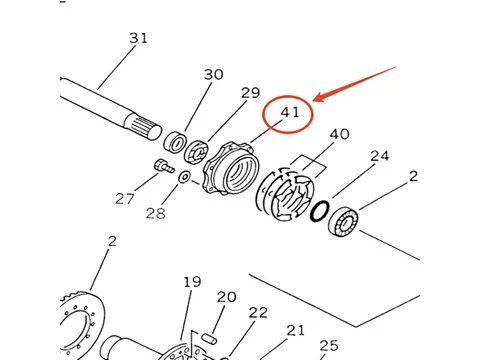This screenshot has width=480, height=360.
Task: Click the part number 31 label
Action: (138, 38)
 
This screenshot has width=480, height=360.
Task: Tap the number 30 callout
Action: (213, 75)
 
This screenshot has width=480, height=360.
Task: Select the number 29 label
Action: (250, 93)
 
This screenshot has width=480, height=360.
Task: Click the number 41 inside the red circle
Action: (290, 112)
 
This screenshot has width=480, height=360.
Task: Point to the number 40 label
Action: (339, 134)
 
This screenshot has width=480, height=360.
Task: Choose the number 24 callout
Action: (380, 156)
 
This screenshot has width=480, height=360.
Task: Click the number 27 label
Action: (125, 199)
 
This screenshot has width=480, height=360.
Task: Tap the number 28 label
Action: (156, 213)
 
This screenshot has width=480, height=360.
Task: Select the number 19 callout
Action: (192, 282)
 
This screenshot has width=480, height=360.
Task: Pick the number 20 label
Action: (227, 297)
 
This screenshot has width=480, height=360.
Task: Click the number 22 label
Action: (258, 313)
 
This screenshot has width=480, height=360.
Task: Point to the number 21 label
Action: (295, 330)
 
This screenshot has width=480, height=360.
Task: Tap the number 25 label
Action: (329, 346)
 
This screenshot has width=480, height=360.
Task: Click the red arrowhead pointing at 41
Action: (319, 97)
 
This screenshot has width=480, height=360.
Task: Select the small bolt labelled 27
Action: (164, 166)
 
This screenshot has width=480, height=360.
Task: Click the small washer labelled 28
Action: (184, 177)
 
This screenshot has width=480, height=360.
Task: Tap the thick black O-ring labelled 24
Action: (320, 211)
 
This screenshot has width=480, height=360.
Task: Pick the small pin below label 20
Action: (209, 338)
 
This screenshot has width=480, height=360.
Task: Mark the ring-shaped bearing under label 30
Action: (175, 141)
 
